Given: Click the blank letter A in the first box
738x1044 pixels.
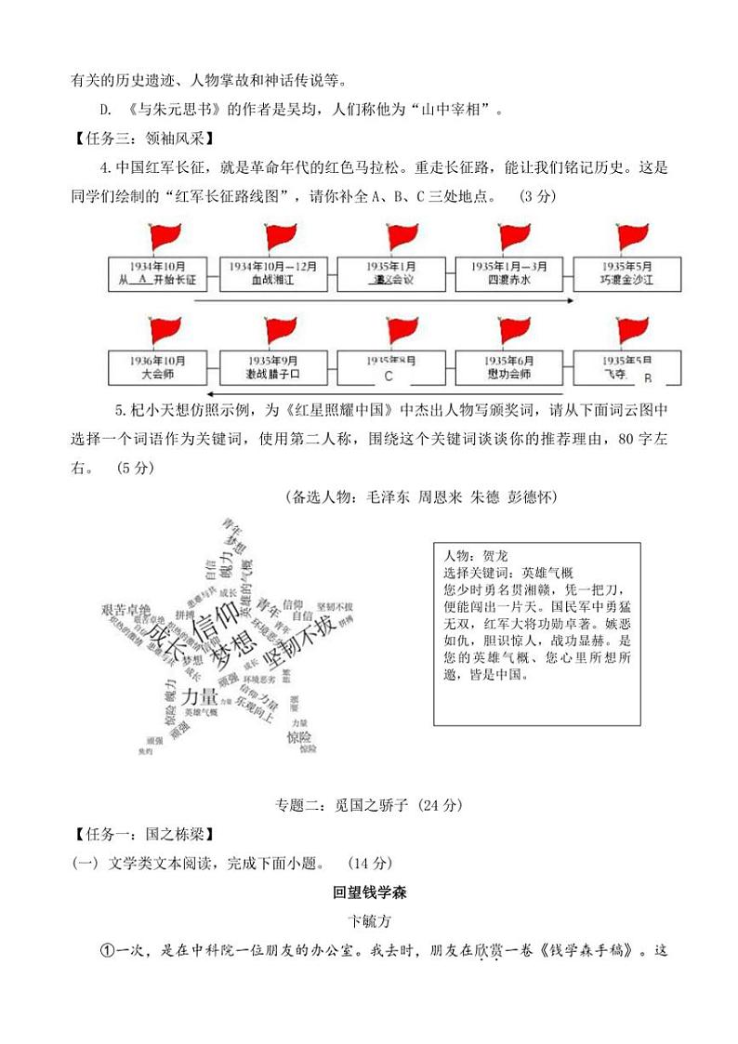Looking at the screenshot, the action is coord(142,279).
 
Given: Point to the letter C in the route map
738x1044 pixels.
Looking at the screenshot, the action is coord(389,377).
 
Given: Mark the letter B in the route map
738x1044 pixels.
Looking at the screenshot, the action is coord(648,377).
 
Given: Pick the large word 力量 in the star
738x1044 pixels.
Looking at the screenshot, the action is coord(200,696).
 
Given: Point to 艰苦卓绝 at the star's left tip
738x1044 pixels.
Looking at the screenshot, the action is coord(125,609).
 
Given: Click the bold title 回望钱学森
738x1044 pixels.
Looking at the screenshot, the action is coord(369,893).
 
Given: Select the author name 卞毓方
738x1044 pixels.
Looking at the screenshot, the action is coord(369,923).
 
